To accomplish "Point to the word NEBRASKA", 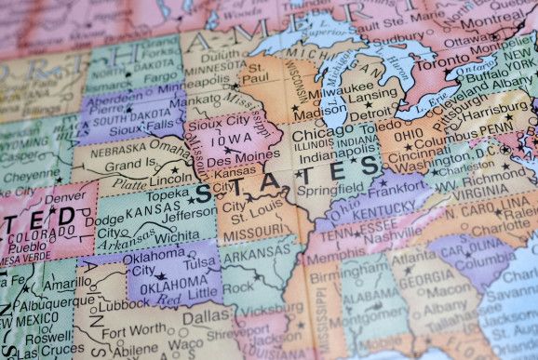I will coord(113,149).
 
